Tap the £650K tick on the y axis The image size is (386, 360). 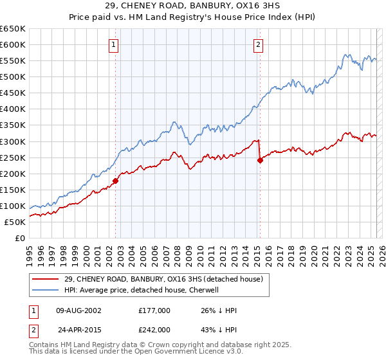click(x=13, y=29)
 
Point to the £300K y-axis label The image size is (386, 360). click(x=13, y=141)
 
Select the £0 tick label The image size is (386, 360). click(x=19, y=238)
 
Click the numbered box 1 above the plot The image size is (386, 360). click(x=114, y=45)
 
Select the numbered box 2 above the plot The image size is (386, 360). click(x=258, y=45)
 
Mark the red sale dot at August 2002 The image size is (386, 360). click(x=116, y=181)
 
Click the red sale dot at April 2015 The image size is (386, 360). click(x=260, y=161)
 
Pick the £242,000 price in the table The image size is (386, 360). click(x=154, y=328)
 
